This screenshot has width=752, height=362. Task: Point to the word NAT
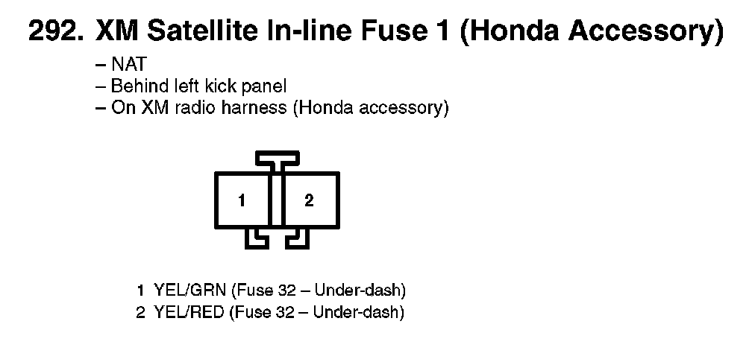click(x=128, y=64)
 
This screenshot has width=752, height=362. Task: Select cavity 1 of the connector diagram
click(x=242, y=200)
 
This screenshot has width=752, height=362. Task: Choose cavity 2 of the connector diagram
click(x=310, y=200)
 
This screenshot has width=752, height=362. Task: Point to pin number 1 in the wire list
click(x=140, y=290)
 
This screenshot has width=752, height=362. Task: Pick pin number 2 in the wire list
click(x=140, y=312)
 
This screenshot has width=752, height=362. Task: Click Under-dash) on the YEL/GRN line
click(x=360, y=290)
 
